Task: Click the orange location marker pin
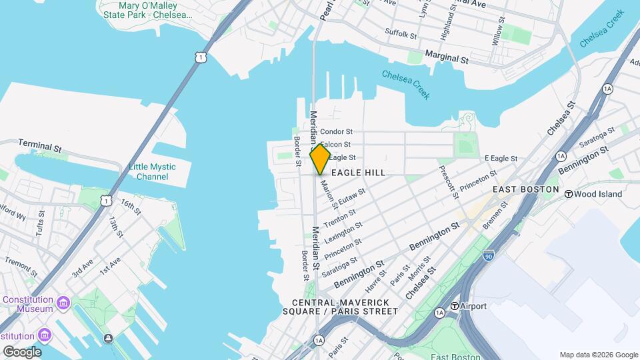coord(320,159)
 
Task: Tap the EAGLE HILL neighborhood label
coord(359,173)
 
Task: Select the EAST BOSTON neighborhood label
coord(525,190)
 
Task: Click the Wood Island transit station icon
coord(569,195)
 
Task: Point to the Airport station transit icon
coord(455,306)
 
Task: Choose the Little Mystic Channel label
coord(153,172)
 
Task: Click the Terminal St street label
coord(40,143)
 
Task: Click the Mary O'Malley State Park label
coord(145,9)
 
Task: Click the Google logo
coord(21,351)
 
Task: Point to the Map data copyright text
coord(599,355)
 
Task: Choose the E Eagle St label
coord(501,158)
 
